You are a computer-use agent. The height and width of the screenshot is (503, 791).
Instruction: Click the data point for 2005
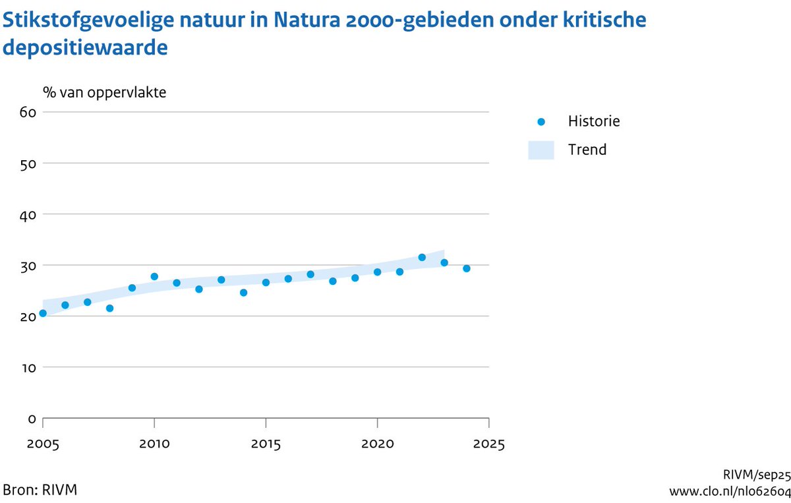click(x=43, y=313)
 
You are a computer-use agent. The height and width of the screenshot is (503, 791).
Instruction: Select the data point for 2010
click(x=154, y=276)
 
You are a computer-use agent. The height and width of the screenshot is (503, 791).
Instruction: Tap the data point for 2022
click(x=422, y=257)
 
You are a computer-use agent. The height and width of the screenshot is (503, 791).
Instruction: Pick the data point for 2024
click(x=467, y=268)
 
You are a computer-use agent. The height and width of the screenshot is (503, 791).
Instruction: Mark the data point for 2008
click(x=109, y=308)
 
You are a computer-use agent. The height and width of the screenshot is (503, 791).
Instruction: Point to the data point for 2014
click(x=243, y=292)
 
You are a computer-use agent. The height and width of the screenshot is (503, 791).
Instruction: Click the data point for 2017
click(x=310, y=274)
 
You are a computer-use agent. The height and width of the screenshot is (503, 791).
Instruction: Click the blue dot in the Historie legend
click(x=541, y=121)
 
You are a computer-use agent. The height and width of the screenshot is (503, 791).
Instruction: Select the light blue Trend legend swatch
click(x=541, y=150)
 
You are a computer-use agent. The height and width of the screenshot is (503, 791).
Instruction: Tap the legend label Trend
click(x=587, y=150)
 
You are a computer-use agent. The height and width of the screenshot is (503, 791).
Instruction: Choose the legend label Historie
click(x=594, y=121)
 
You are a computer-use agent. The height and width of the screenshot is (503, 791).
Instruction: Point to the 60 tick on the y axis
click(x=27, y=112)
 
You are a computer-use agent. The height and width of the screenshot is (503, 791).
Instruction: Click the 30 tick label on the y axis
click(x=27, y=265)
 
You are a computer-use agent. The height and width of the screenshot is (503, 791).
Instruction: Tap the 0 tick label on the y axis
click(x=31, y=418)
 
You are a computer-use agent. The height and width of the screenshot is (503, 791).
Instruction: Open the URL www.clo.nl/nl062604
click(x=729, y=491)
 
